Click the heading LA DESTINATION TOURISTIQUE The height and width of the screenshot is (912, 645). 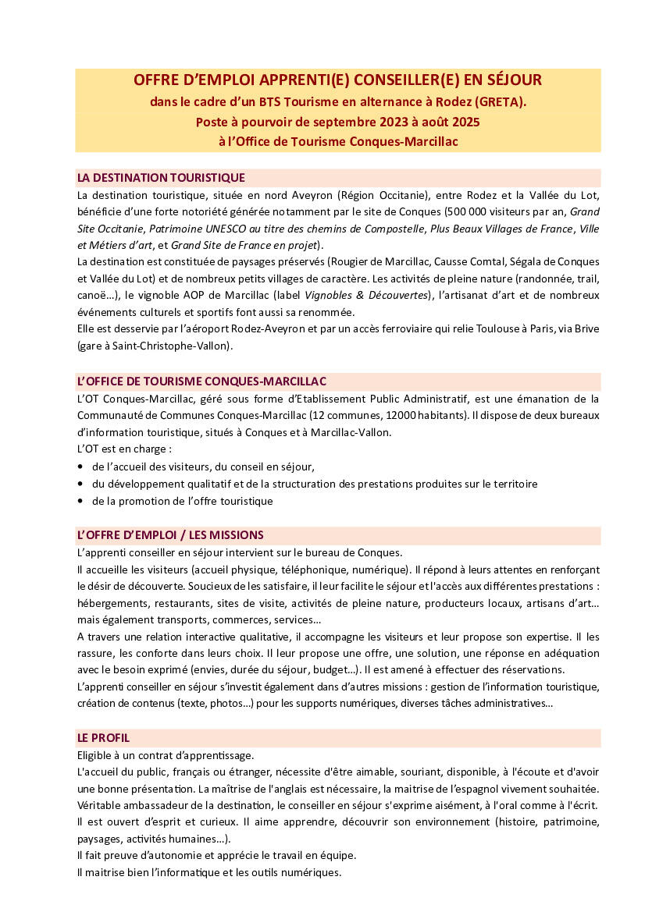(161, 178)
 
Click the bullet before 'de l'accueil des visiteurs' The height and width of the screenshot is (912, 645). (81, 467)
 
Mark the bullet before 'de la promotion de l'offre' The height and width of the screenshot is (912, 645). (81, 501)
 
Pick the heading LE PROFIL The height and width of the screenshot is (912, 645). (103, 738)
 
